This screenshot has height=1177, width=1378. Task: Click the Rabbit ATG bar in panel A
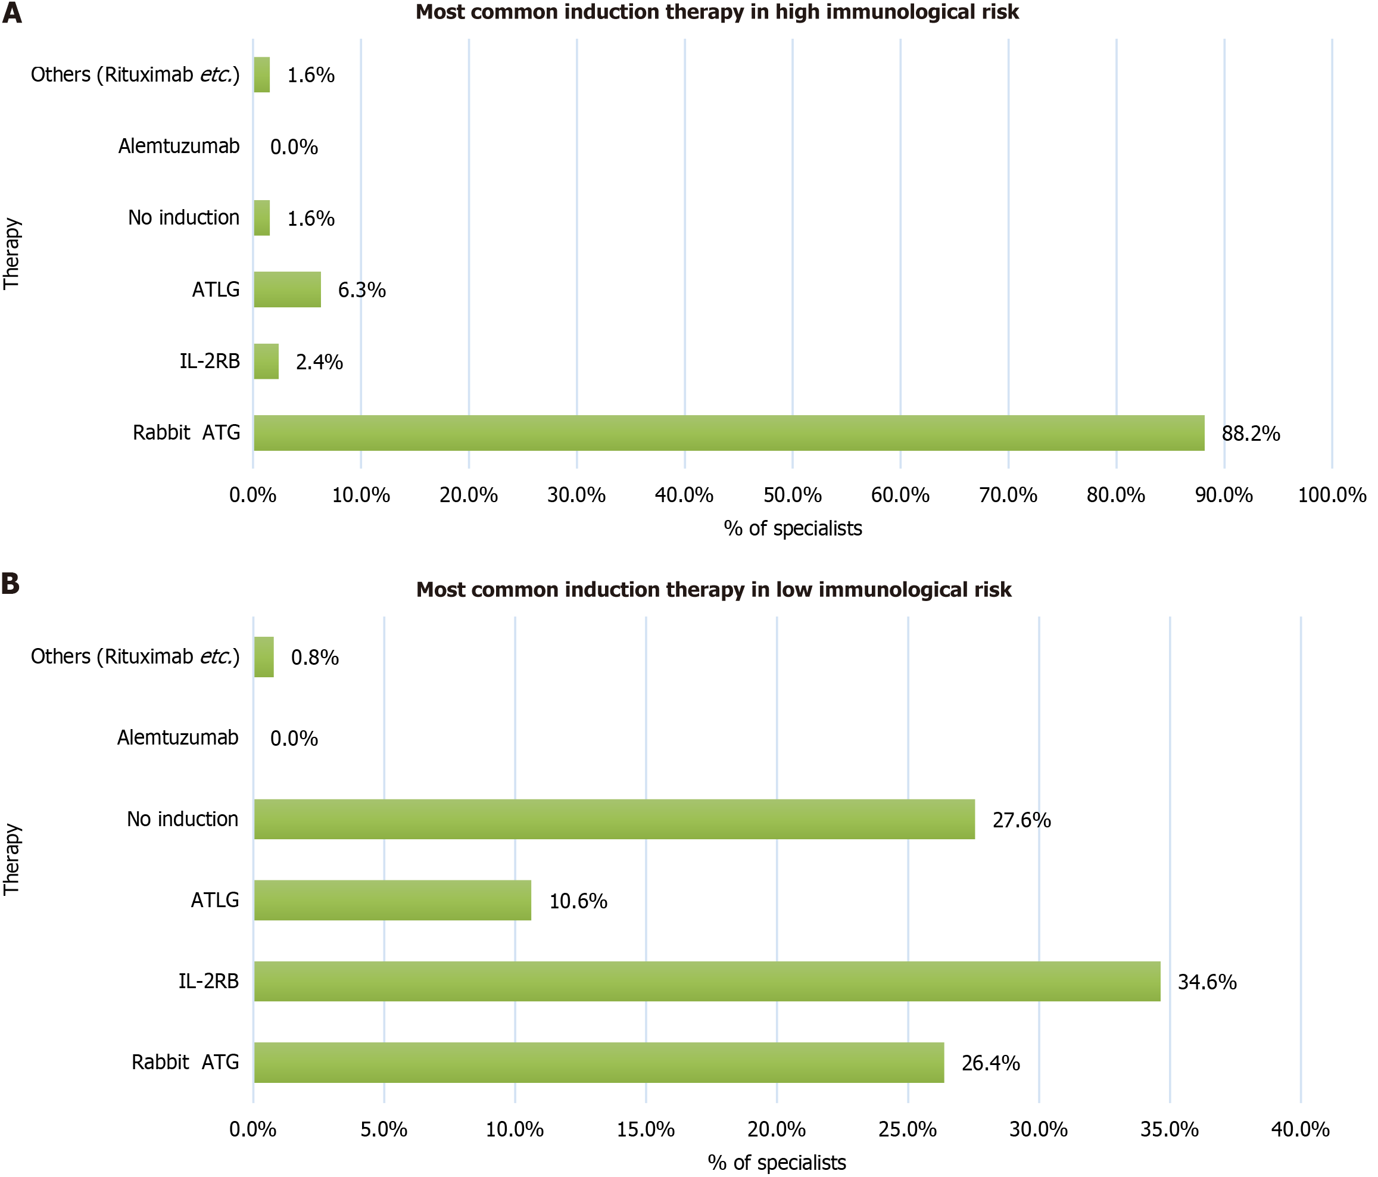coord(728,432)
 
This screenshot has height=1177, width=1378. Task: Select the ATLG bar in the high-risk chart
coord(286,289)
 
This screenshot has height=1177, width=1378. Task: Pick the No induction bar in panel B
coord(614,818)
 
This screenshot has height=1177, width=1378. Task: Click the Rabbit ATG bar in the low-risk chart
coord(598,1062)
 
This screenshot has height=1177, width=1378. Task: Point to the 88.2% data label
coord(1251,434)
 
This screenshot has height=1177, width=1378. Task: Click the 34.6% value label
coord(1206,982)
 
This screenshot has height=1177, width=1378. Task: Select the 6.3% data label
coord(362,290)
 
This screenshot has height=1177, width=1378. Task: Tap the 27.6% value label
coord(1021,820)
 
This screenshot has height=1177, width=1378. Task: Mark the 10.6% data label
coord(578,901)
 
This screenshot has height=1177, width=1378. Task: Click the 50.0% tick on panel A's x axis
coord(792,495)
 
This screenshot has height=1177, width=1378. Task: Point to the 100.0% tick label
coord(1332,495)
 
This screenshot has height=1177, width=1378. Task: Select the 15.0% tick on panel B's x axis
coord(645,1129)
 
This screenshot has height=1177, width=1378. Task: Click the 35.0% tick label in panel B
coord(1169,1129)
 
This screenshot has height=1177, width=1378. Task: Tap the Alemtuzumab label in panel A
coord(179,146)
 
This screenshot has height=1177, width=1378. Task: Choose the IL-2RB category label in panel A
coord(210,362)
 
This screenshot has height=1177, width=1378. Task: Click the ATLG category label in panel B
coord(214,899)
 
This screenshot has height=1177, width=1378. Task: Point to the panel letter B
coord(11,584)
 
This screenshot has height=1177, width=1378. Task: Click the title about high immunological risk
coord(717,12)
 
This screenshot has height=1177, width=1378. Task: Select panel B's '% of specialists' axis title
coord(776,1162)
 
